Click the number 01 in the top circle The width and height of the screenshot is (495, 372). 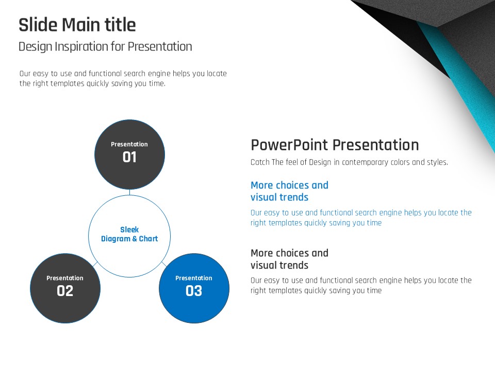click(x=129, y=157)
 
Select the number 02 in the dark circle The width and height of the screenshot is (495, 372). click(x=65, y=291)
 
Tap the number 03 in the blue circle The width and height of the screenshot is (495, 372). click(x=194, y=291)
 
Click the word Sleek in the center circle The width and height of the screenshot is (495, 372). click(x=129, y=229)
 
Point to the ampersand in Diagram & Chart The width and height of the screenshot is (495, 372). click(x=135, y=239)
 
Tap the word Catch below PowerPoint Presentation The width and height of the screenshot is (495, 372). click(x=260, y=162)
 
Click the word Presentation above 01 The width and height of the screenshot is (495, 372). click(x=129, y=144)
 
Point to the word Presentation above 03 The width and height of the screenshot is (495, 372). click(x=194, y=278)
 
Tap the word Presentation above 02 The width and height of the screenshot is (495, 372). click(x=65, y=278)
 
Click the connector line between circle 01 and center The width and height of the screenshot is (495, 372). click(x=130, y=192)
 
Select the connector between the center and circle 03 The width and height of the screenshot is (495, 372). click(x=164, y=264)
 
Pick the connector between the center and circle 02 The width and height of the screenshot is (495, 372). click(x=95, y=264)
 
